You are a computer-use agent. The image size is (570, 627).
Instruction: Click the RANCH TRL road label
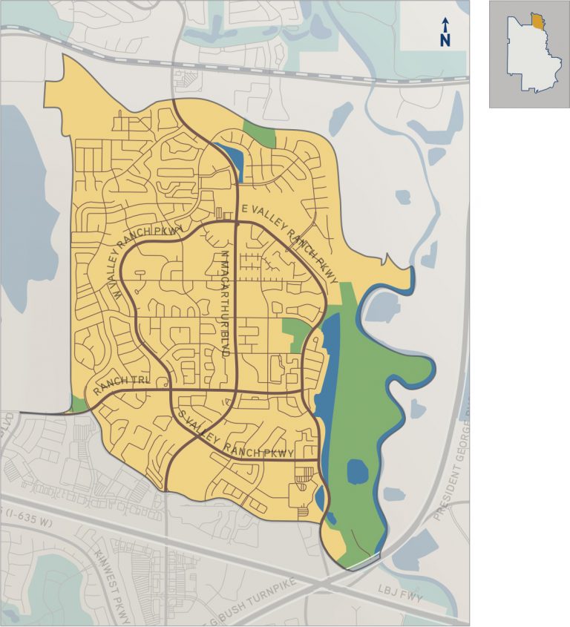(122, 384)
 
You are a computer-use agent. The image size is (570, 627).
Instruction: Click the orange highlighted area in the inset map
(537, 20)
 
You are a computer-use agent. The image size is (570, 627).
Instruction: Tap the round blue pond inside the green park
(358, 470)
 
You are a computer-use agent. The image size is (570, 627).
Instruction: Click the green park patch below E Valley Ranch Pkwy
(297, 332)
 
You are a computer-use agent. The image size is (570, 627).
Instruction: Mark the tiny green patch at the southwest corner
(79, 404)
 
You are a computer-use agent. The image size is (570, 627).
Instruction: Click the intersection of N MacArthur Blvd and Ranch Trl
(237, 390)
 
